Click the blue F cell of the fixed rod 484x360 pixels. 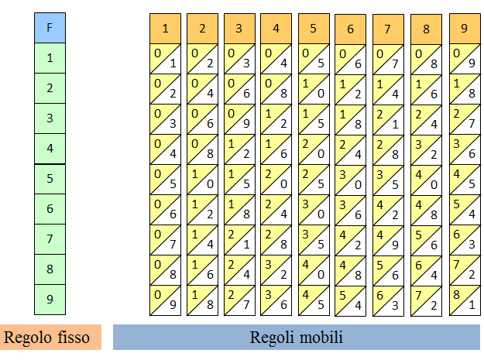(50, 28)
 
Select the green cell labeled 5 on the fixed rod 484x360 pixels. (50, 179)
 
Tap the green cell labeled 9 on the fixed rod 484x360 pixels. (50, 300)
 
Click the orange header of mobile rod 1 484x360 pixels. (165, 29)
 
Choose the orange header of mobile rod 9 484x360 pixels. (463, 29)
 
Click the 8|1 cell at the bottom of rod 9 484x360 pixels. (463, 300)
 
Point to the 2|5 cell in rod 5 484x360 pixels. (314, 180)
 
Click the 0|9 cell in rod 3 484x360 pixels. (239, 119)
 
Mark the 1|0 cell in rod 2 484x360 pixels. (202, 180)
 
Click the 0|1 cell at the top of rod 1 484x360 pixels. (165, 59)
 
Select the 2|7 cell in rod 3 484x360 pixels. (239, 300)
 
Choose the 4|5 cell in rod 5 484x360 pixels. (314, 300)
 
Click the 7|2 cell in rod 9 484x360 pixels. (463, 270)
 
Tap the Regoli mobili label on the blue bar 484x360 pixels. (297, 338)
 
